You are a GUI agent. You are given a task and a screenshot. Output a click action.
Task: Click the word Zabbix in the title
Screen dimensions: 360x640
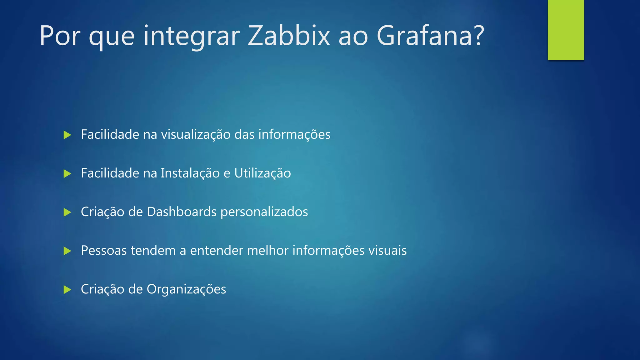point(289,36)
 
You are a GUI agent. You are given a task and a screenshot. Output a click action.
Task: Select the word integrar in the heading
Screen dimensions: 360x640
point(192,36)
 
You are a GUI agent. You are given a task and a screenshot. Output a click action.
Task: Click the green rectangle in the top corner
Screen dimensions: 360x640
point(566,30)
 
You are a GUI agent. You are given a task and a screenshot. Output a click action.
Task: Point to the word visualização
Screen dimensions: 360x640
point(196,135)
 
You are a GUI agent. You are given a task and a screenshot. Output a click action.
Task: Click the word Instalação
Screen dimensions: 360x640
point(190,173)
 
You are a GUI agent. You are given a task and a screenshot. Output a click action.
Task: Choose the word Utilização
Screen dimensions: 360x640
point(262,173)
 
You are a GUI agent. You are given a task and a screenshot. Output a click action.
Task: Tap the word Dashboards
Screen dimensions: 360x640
point(182,212)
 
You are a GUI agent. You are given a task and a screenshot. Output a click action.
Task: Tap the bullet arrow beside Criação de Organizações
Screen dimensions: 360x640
point(67,289)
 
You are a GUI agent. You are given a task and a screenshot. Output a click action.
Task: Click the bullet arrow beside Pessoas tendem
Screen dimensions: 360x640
point(67,251)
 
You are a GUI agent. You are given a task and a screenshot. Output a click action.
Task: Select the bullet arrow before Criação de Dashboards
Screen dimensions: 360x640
point(67,212)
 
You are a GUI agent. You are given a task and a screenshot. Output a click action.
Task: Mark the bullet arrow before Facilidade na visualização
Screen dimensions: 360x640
point(67,135)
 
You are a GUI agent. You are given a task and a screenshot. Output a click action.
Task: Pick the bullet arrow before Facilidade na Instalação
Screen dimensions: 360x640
point(67,173)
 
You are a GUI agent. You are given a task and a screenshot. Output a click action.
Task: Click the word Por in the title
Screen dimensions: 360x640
point(60,36)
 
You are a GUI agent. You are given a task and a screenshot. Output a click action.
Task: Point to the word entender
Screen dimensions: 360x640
point(217,251)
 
